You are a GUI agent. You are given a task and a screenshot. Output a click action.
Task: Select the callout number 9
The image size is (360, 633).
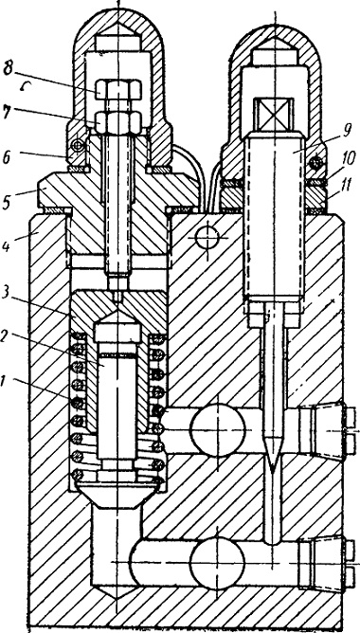[x=347, y=131]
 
